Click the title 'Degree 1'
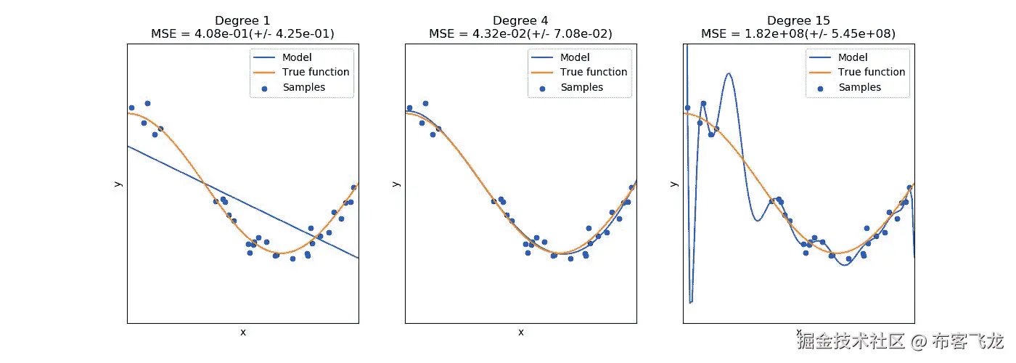(242, 20)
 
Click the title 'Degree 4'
(520, 20)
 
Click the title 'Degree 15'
(798, 20)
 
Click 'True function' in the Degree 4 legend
(594, 72)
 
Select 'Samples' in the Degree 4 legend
(581, 87)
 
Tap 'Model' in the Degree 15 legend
(853, 57)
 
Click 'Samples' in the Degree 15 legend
(859, 87)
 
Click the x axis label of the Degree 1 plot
(242, 332)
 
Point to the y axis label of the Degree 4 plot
(396, 183)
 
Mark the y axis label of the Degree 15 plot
(673, 183)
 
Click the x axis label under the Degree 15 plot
(798, 332)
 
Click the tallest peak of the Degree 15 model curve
(728, 73)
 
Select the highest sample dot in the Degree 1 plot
(147, 104)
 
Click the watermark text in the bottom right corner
(900, 340)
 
